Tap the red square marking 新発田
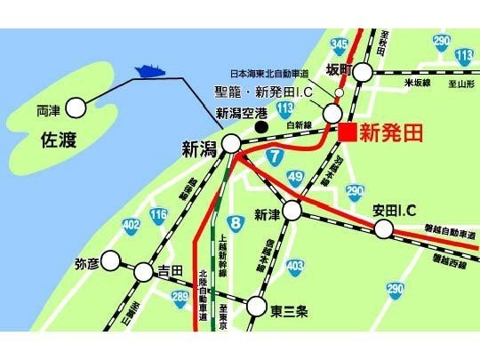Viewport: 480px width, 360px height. [x=348, y=132]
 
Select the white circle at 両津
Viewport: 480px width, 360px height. [x=76, y=108]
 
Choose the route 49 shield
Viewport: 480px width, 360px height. [x=296, y=177]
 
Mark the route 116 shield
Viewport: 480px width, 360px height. [x=158, y=215]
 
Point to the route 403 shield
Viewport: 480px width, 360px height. [x=295, y=265]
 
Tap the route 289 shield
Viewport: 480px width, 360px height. [x=180, y=296]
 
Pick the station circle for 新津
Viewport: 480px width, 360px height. [x=292, y=210]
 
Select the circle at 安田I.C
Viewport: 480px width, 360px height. [x=384, y=230]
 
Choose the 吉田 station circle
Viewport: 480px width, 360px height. [x=143, y=270]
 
